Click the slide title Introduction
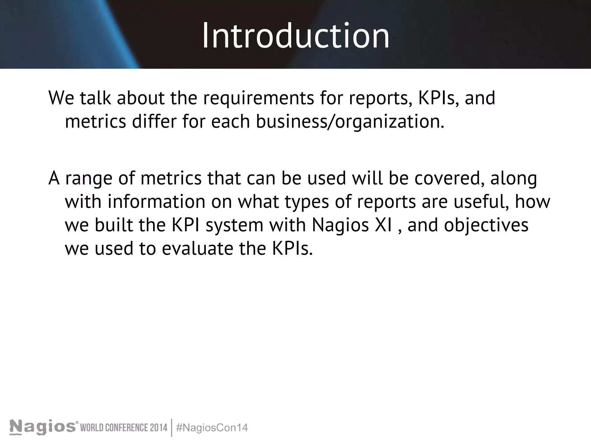(x=295, y=36)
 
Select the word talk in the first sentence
(x=95, y=98)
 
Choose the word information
(x=156, y=202)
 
